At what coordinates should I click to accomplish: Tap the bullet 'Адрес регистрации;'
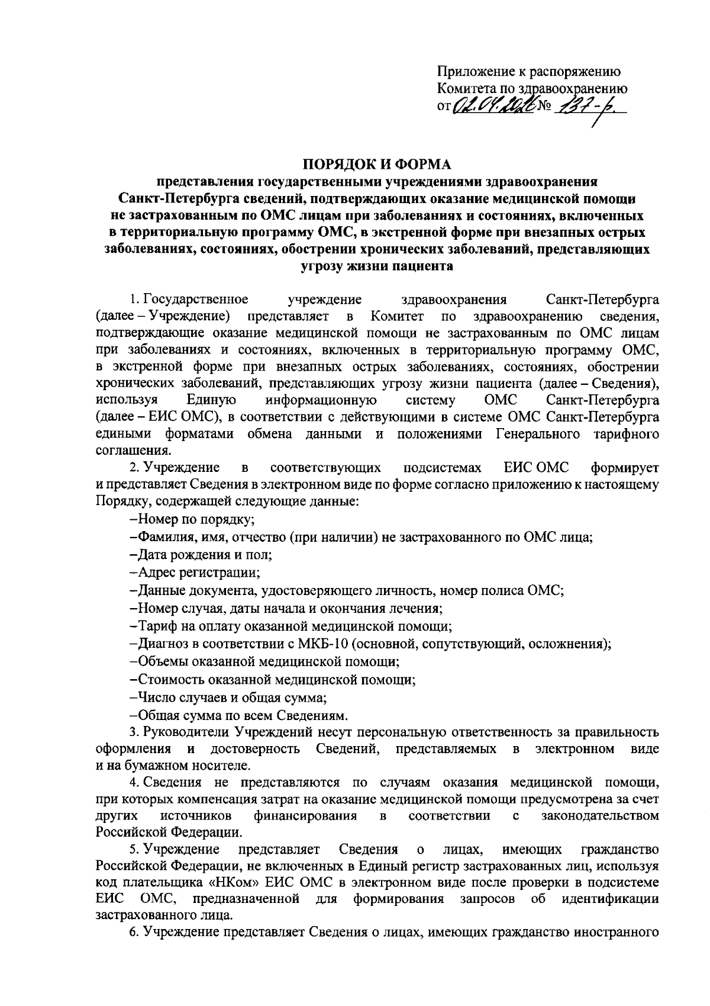195,573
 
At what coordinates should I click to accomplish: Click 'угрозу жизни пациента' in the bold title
377,266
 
